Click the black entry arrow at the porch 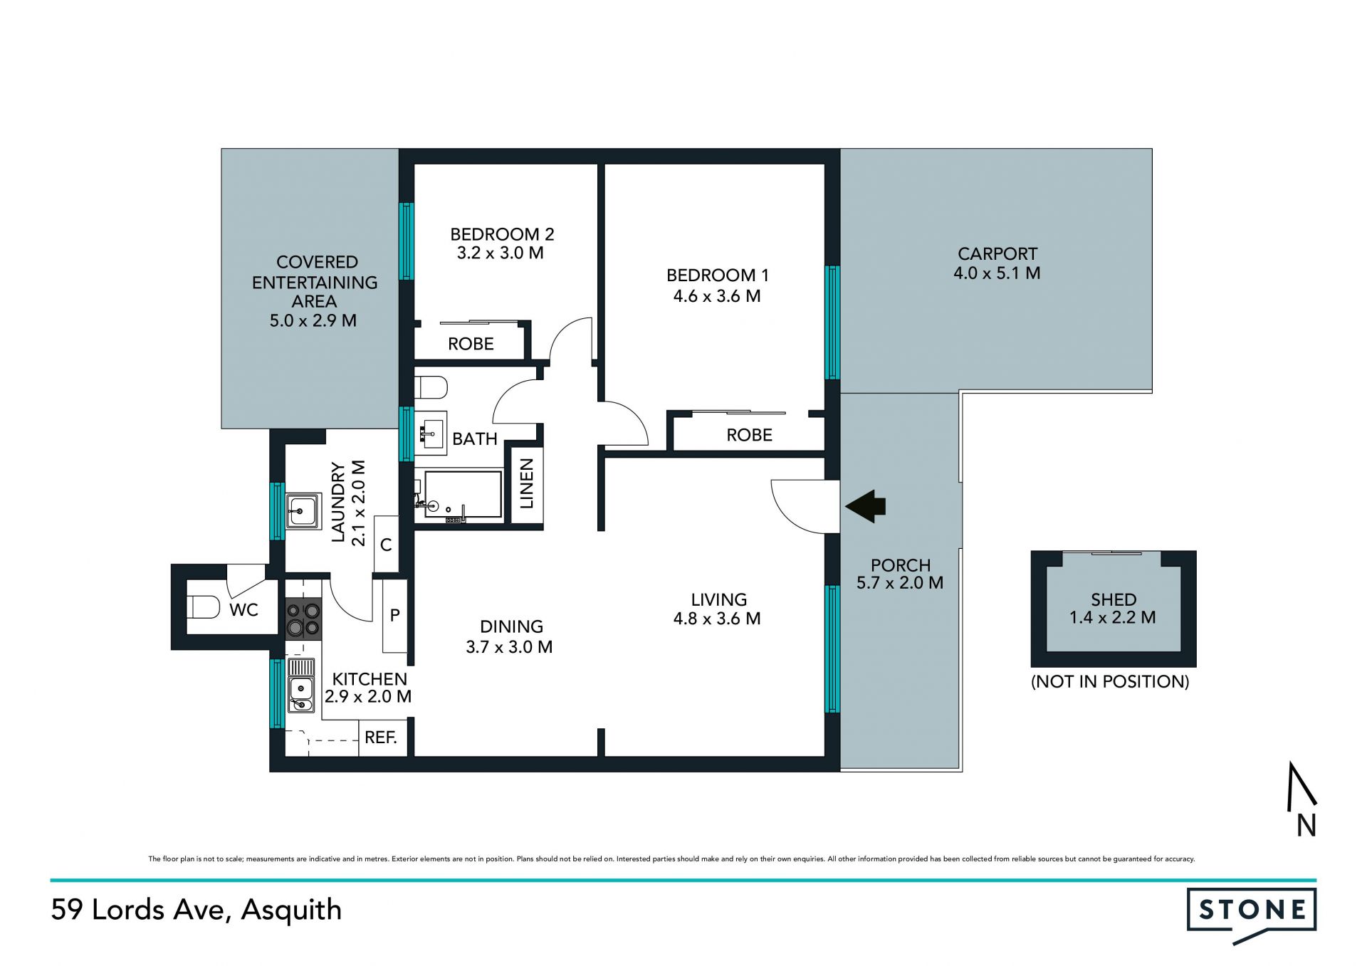click(865, 506)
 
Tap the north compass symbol click(1301, 799)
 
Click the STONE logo click(1252, 914)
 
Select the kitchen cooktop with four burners click(303, 619)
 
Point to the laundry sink click(303, 510)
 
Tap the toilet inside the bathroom click(431, 388)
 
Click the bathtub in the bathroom click(462, 494)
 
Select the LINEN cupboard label click(526, 483)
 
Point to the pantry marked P click(395, 616)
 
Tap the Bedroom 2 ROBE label click(471, 344)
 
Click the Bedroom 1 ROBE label click(749, 435)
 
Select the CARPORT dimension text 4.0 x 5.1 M click(997, 273)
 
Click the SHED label click(1114, 599)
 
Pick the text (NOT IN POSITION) click(1110, 681)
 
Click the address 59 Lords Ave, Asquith click(197, 910)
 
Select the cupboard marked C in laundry click(386, 545)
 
